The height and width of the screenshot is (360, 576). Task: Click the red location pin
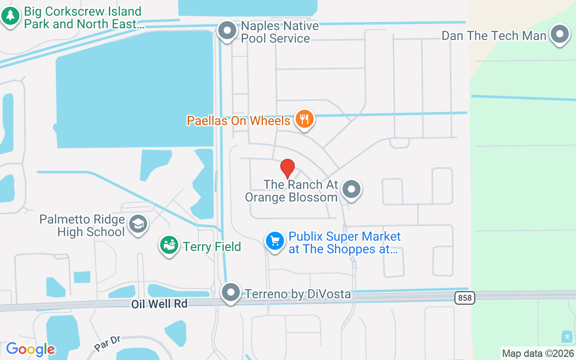(288, 168)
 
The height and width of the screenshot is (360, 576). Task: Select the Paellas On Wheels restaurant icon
(305, 119)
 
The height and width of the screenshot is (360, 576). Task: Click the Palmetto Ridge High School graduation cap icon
(138, 224)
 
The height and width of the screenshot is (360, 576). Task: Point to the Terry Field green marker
(169, 246)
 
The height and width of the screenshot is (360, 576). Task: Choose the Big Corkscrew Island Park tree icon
(10, 17)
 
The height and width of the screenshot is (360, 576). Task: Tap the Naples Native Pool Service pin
(227, 31)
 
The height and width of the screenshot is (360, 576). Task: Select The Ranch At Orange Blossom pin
(351, 190)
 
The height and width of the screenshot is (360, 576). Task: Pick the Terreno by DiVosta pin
(231, 292)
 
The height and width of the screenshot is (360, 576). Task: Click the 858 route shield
(464, 297)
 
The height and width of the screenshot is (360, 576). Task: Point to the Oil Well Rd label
(159, 304)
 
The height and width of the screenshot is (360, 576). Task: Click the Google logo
(31, 349)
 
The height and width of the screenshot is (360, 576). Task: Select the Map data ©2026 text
(538, 353)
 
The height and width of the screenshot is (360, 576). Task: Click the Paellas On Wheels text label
(238, 121)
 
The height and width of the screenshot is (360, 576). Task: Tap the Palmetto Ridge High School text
(82, 225)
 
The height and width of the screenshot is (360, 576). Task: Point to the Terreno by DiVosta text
(297, 294)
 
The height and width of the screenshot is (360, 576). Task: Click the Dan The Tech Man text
(494, 36)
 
